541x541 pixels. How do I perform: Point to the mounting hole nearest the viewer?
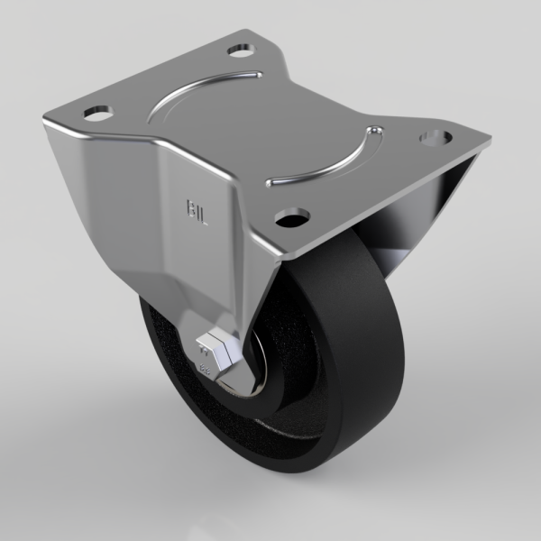[x=290, y=217]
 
